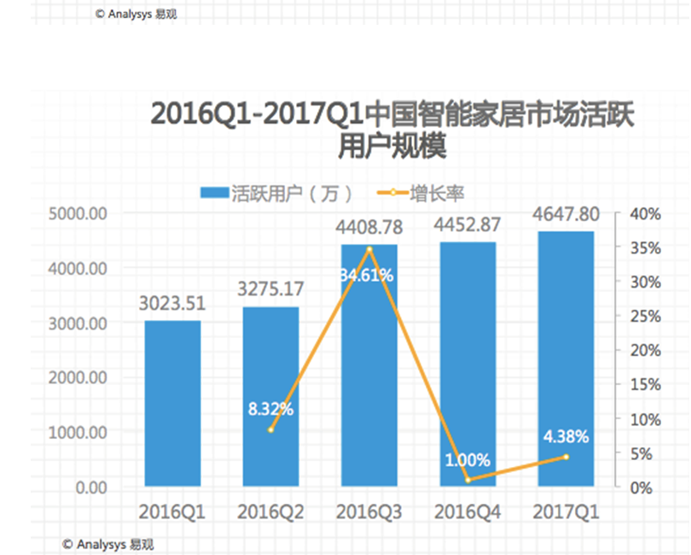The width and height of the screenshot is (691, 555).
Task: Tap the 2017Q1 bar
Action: point(566,359)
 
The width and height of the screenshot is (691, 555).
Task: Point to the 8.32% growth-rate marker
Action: point(270,429)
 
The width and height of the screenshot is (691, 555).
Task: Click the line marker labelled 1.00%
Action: point(467,480)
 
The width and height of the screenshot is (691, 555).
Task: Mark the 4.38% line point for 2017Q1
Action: point(566,457)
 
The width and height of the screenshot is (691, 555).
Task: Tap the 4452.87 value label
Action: point(467,227)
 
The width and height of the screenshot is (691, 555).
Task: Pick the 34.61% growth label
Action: point(369,275)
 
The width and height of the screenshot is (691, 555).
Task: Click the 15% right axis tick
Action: point(645,385)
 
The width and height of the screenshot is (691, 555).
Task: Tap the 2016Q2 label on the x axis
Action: point(270,511)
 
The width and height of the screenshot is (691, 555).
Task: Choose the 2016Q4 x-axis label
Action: point(467,511)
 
